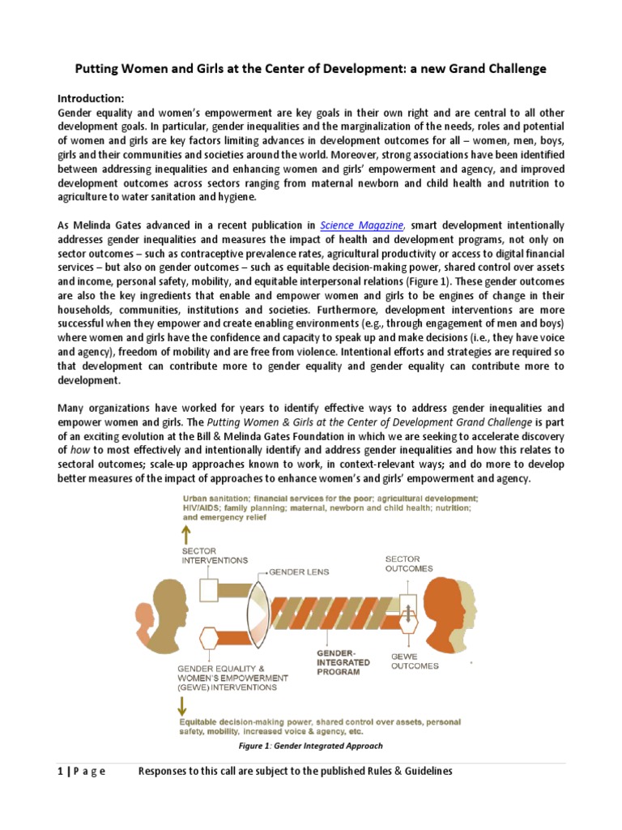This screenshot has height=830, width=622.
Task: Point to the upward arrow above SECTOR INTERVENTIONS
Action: [186, 533]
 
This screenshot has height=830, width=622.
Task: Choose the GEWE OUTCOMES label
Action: [415, 661]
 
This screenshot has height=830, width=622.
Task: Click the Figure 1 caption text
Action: [310, 746]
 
